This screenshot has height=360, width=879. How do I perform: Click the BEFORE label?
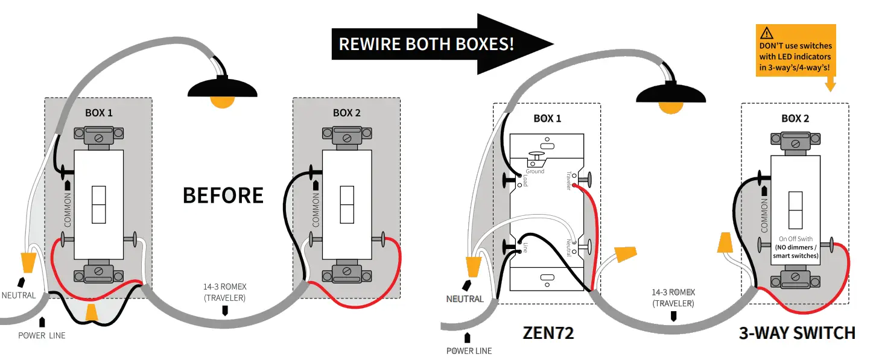point(223,195)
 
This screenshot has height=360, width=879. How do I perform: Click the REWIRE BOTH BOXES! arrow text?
point(426,44)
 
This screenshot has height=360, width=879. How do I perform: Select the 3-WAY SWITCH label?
point(797,333)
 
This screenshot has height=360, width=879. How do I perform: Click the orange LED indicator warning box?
point(796,51)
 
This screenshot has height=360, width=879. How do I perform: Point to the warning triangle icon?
point(767,33)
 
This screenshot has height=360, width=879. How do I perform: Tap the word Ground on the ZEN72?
point(535,171)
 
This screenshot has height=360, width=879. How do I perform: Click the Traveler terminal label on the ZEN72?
point(568,180)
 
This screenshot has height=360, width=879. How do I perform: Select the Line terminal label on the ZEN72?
point(525,247)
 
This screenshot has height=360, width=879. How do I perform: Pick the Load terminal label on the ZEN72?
point(525,180)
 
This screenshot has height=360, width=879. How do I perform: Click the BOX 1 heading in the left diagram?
point(98,113)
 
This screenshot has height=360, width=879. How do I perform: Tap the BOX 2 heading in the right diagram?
point(795,118)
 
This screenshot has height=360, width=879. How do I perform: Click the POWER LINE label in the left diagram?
point(41,335)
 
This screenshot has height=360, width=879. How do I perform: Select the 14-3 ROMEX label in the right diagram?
point(673,292)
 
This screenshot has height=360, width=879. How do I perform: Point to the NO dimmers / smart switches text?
point(796,251)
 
